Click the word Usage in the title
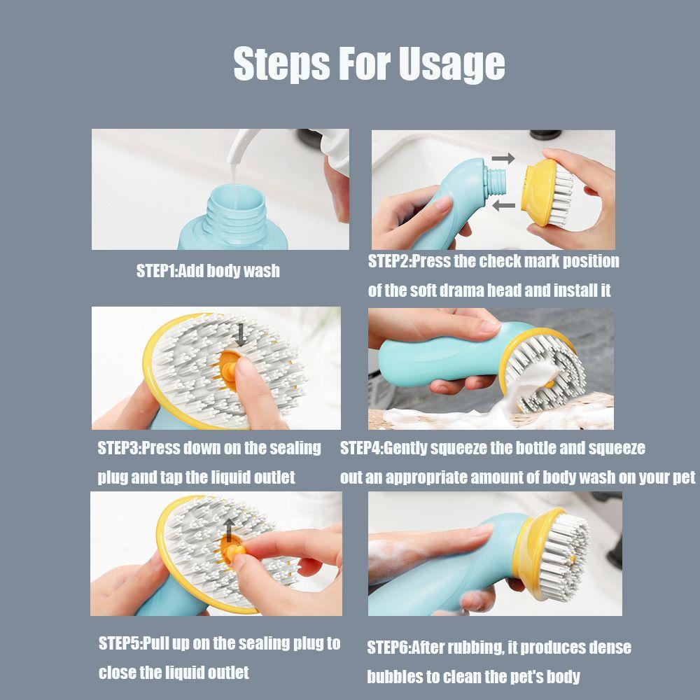[451, 64]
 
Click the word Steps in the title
[281, 64]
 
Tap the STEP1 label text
[157, 271]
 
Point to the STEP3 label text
[118, 448]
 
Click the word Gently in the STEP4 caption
[405, 448]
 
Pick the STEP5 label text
[119, 644]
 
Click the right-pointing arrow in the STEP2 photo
[503, 158]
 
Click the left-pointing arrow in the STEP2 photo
[503, 205]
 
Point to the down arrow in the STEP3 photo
[241, 335]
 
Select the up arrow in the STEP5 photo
[229, 530]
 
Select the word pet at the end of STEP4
[684, 478]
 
